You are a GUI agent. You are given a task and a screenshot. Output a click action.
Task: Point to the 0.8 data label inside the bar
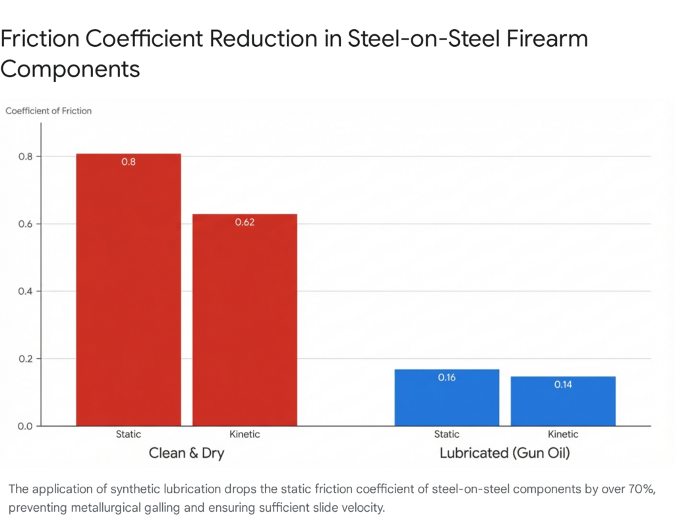(129, 162)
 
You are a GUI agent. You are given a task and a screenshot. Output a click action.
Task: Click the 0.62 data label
(245, 222)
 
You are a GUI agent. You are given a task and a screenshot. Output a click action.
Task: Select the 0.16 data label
(446, 378)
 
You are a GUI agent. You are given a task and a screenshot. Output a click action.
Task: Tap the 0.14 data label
(562, 384)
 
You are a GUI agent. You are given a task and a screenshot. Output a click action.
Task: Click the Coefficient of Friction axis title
(49, 111)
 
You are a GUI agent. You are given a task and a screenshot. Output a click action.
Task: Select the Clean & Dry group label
(186, 454)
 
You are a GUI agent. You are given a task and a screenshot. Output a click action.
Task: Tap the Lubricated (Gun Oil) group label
(504, 454)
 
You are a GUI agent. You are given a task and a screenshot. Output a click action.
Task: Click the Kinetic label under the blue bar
(562, 435)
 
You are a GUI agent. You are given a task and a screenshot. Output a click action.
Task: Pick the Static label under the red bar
(129, 435)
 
